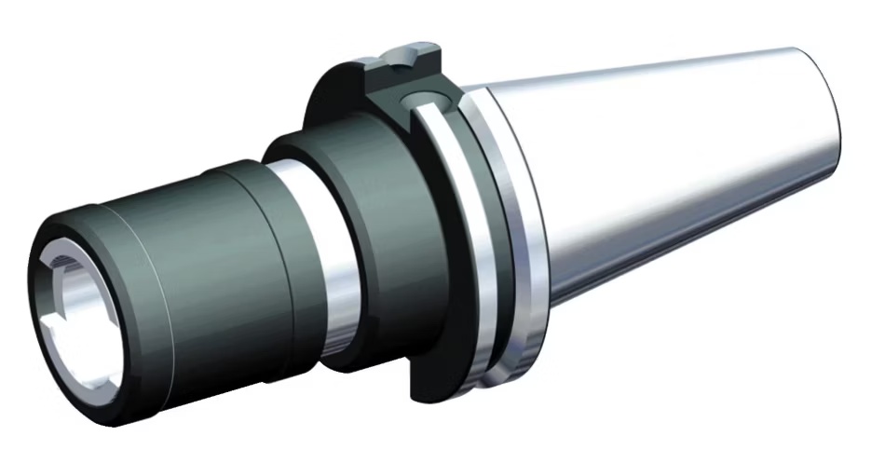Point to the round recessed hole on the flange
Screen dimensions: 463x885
pos(412,100)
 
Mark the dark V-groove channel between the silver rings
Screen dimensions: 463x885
pos(471,242)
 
